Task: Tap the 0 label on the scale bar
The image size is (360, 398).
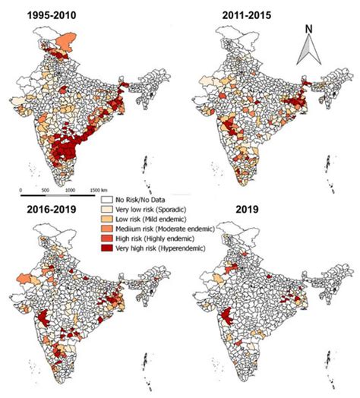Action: [21, 191]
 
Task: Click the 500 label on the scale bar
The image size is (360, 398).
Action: [46, 191]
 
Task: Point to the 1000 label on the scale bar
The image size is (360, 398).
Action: [70, 191]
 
